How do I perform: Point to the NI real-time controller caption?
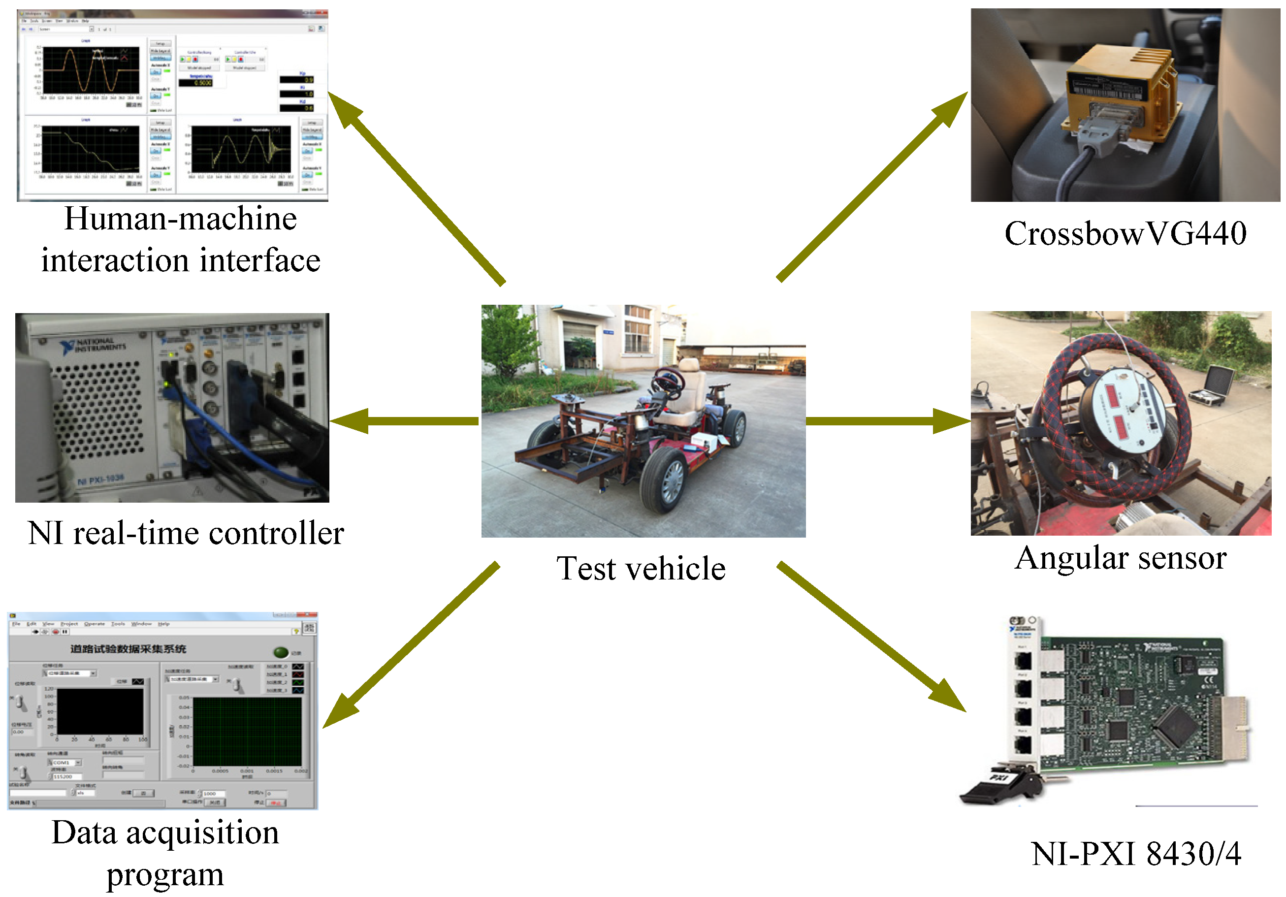point(186,533)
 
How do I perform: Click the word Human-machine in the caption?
point(180,219)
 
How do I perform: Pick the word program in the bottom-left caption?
point(165,875)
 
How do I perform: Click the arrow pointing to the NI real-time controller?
point(403,420)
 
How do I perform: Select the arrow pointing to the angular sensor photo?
point(888,420)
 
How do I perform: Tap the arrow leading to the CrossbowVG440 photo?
point(874,185)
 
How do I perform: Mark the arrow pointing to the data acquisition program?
point(412,644)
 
